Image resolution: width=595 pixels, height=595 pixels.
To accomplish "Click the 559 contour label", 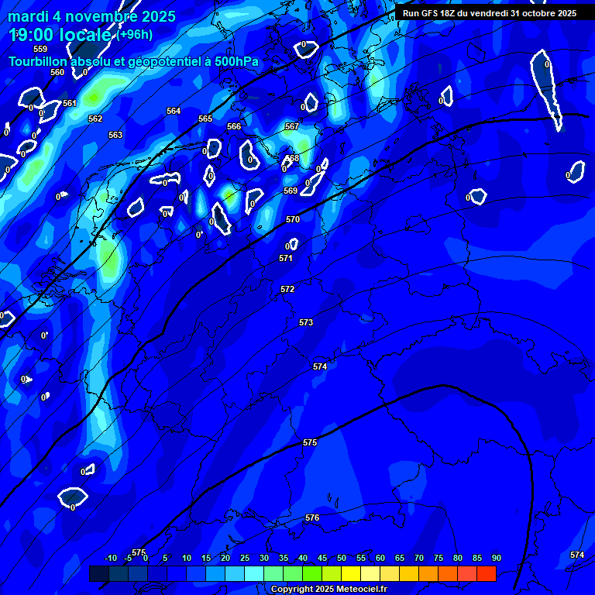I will point(40,49).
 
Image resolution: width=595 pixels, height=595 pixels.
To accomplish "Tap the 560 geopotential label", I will point(57,72).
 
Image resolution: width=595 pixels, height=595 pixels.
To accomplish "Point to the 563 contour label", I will point(115,135).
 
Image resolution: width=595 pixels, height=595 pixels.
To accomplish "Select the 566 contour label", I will point(234,126).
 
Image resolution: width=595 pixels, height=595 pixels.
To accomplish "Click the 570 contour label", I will point(293,219).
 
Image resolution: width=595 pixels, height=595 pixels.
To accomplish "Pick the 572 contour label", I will point(287,289).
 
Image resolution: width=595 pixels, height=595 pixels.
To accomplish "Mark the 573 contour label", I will point(306,322).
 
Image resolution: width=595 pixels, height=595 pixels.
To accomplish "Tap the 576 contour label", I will point(312,518).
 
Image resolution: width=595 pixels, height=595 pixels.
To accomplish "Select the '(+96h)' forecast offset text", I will point(135,34).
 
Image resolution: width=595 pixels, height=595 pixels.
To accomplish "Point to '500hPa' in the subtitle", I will point(232,61).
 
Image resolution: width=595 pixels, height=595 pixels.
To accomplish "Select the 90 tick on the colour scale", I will point(496,558).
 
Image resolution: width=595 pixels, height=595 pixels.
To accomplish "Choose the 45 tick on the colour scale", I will point(322,558).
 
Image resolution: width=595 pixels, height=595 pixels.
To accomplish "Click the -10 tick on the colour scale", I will point(110,558).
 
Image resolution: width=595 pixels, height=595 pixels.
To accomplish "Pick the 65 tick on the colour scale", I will point(399,558).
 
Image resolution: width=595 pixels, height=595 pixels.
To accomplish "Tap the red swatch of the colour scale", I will point(486,573).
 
